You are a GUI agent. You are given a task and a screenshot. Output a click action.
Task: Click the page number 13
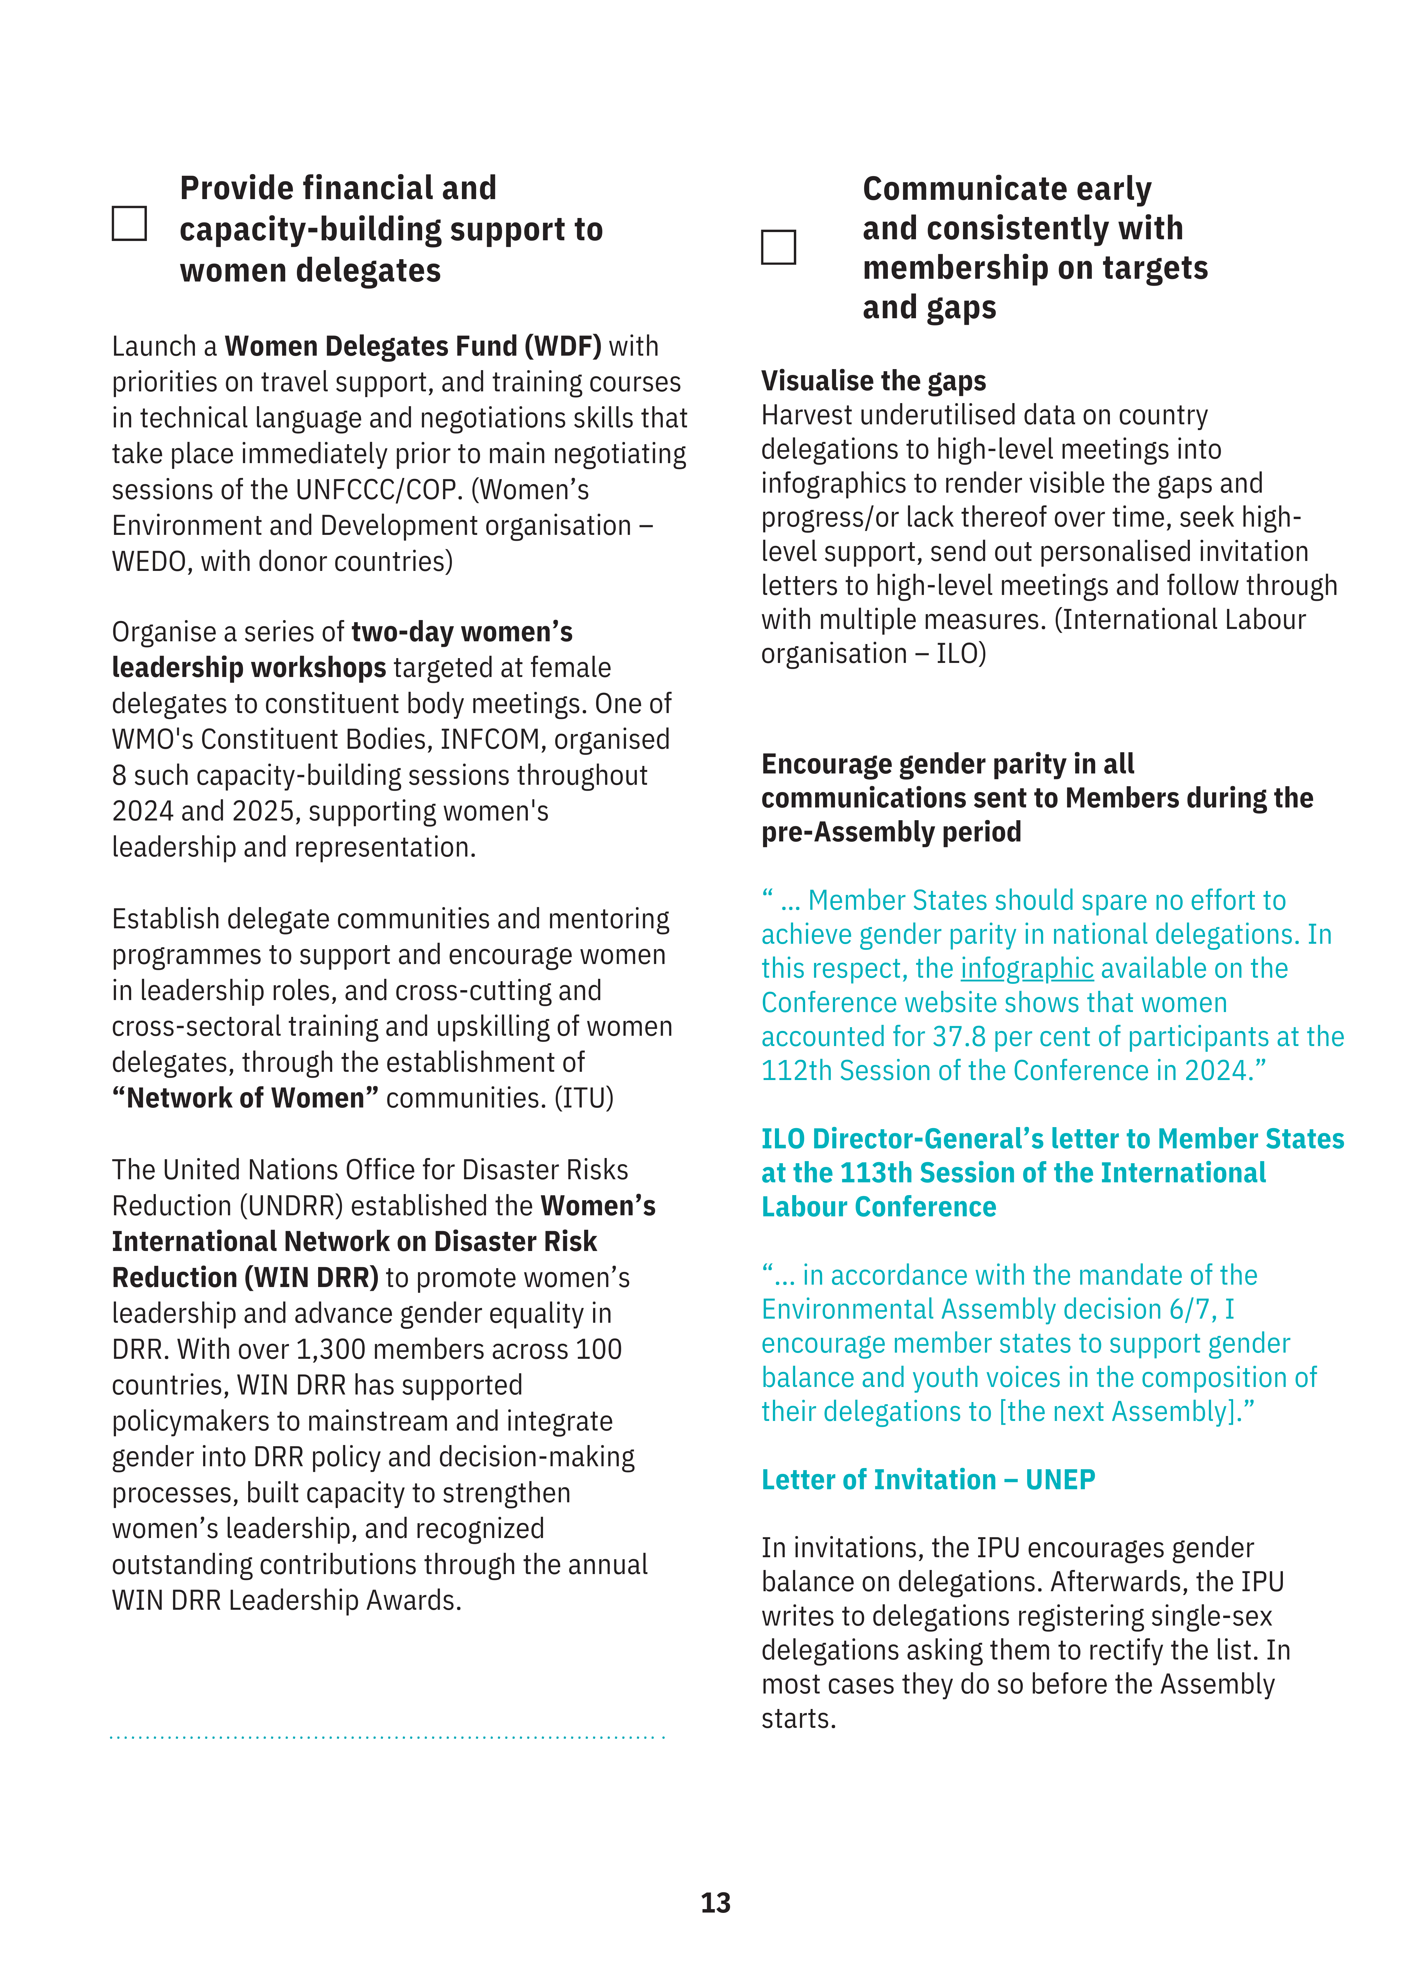pyautogui.click(x=715, y=1903)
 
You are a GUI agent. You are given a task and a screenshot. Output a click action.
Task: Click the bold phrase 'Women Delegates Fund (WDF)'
pyautogui.click(x=413, y=346)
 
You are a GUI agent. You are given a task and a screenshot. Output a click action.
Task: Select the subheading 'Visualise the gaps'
pyautogui.click(x=873, y=381)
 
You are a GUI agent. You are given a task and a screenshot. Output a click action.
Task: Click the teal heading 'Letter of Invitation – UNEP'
pyautogui.click(x=927, y=1480)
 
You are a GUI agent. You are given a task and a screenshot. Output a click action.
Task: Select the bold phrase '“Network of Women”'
pyautogui.click(x=245, y=1099)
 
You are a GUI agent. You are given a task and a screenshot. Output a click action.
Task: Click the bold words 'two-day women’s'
pyautogui.click(x=461, y=632)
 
